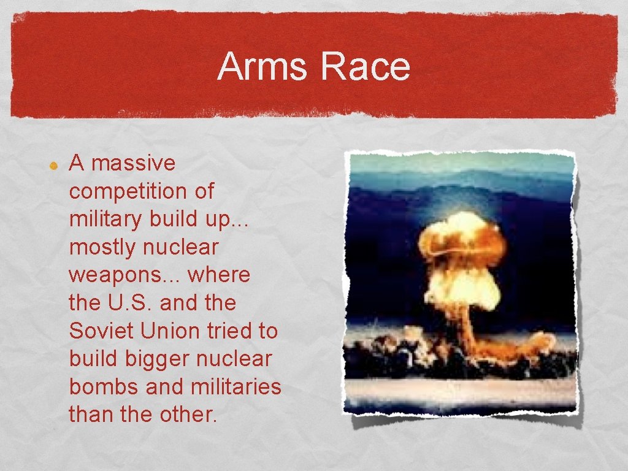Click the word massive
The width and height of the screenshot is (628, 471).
[133, 163]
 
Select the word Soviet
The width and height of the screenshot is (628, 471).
[102, 331]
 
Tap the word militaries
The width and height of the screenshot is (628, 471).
[236, 386]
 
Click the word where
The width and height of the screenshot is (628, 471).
[219, 275]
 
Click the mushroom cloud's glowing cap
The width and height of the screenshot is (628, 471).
[461, 245]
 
